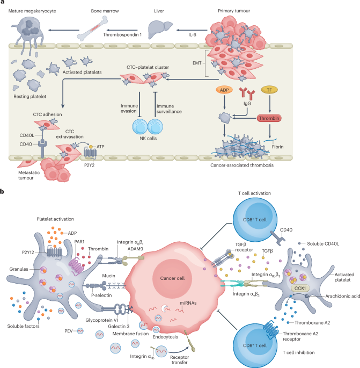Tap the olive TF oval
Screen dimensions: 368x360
pyautogui.click(x=269, y=91)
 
